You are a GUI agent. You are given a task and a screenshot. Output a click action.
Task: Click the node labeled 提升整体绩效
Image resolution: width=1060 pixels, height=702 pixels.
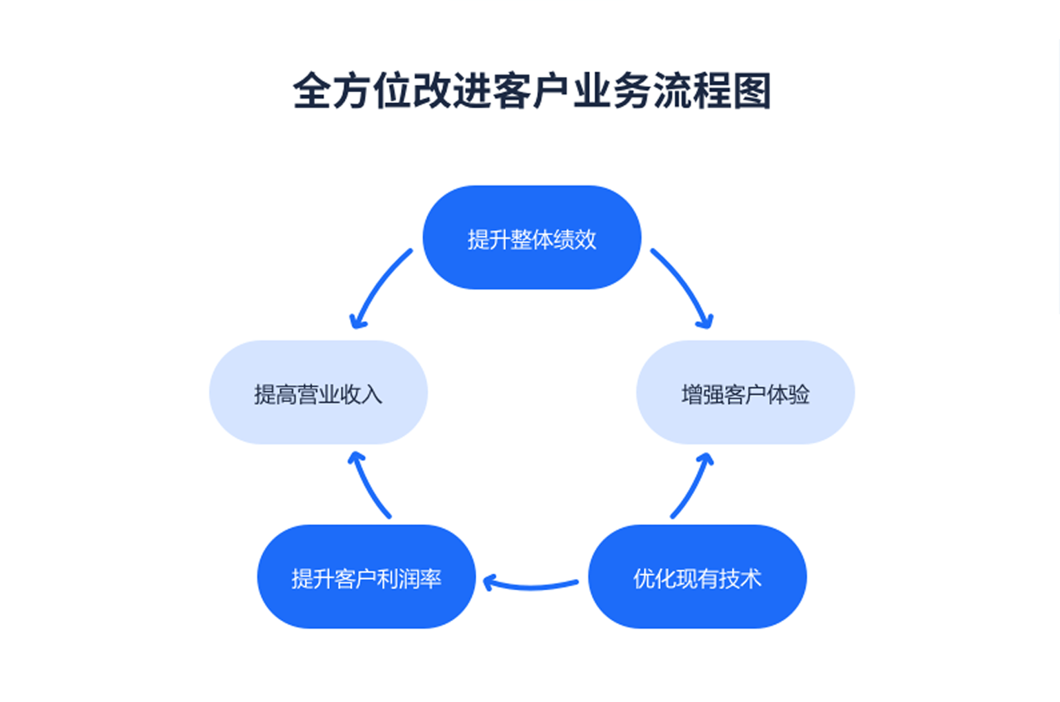(x=532, y=237)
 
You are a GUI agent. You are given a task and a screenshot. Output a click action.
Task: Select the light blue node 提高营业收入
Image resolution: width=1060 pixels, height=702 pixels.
(x=318, y=393)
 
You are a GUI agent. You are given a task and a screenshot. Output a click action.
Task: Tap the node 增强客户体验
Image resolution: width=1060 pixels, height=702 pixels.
(x=745, y=393)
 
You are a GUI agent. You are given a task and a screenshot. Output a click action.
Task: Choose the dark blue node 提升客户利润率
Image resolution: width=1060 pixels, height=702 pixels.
(x=366, y=577)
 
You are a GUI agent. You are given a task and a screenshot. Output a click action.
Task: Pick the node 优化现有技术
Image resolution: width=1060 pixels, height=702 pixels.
(x=697, y=577)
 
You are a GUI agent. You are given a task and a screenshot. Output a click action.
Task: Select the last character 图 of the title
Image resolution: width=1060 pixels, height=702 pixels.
(x=751, y=91)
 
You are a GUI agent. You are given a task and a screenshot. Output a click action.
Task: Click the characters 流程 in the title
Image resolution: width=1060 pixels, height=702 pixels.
(x=691, y=91)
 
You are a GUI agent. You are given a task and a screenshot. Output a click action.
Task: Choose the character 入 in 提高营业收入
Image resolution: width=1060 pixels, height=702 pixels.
(x=372, y=394)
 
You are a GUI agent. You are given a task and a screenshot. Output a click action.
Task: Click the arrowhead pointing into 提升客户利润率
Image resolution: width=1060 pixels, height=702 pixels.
(x=488, y=582)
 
